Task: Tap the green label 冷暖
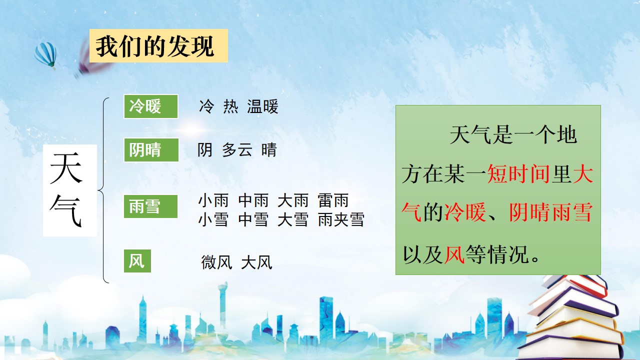click(x=151, y=106)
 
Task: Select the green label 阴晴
click(x=151, y=150)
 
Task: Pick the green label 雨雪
click(x=150, y=206)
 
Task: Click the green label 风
click(x=137, y=261)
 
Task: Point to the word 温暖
click(x=262, y=106)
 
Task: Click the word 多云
click(x=237, y=149)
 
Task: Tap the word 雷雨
click(x=333, y=200)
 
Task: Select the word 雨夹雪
click(x=341, y=219)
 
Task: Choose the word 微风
click(x=216, y=262)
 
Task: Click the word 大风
click(x=256, y=262)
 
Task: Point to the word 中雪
click(x=253, y=219)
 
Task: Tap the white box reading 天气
click(x=70, y=190)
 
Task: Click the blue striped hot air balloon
click(x=45, y=55)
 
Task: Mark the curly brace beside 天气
click(x=103, y=190)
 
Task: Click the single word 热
click(x=231, y=106)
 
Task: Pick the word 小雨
click(x=213, y=200)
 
